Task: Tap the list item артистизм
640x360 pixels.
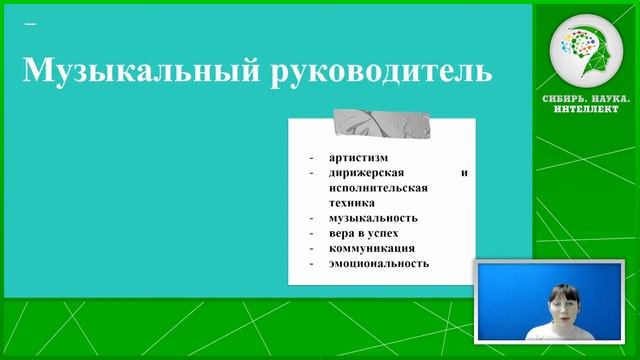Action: (x=357, y=157)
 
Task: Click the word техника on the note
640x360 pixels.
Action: (x=349, y=202)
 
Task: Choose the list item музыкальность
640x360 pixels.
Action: (x=372, y=218)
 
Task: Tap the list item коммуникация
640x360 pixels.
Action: (x=371, y=248)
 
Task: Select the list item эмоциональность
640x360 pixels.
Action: (x=378, y=263)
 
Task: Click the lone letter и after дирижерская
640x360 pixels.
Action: (x=464, y=172)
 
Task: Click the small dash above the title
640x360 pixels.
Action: (x=29, y=22)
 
